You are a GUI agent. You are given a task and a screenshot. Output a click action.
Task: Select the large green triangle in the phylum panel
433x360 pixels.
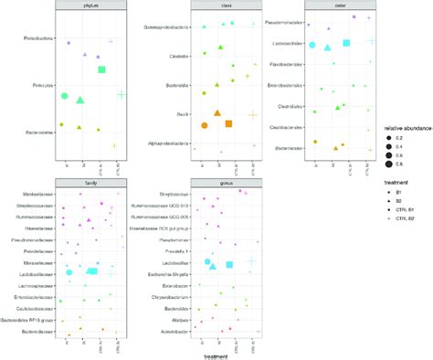click(x=80, y=100)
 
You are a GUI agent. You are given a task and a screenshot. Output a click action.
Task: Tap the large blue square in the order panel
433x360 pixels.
click(x=346, y=43)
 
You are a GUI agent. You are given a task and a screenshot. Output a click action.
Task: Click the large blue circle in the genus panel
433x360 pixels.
click(x=208, y=262)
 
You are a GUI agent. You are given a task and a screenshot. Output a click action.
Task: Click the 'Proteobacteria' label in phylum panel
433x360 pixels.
click(x=37, y=39)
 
